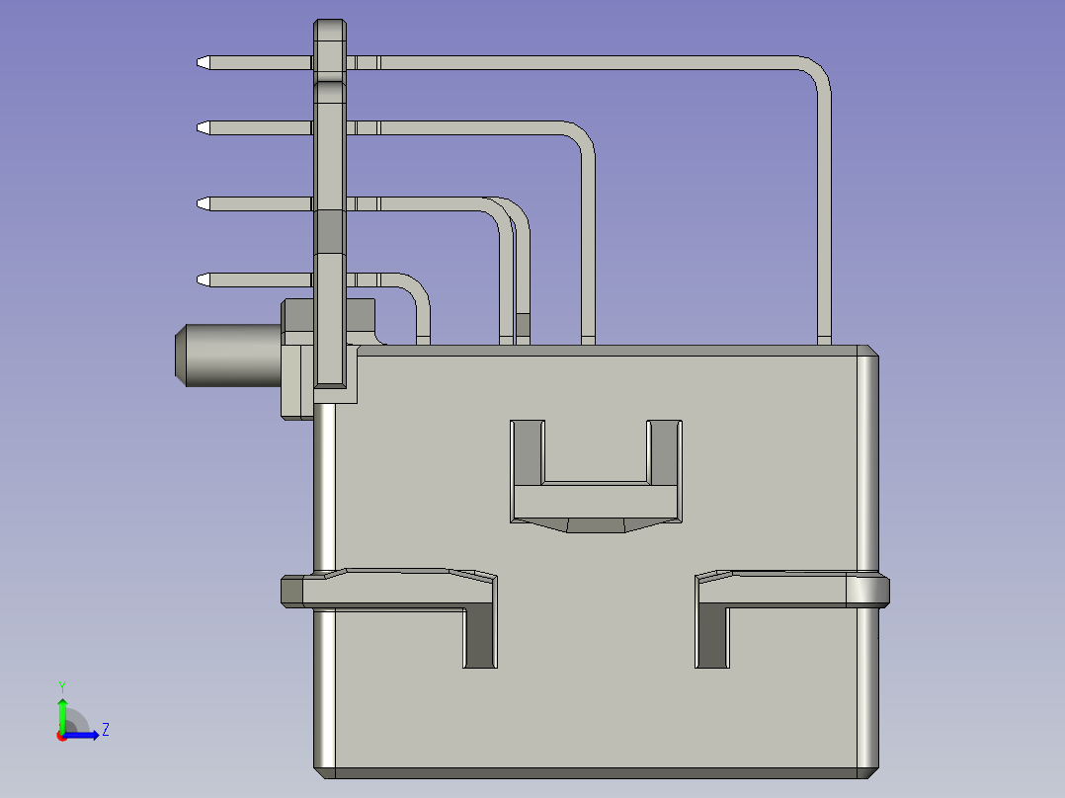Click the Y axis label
[x=61, y=685]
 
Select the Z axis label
[x=105, y=730]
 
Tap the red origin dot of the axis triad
[x=61, y=736]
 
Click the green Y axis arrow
[x=61, y=711]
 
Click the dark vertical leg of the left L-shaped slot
[x=480, y=637]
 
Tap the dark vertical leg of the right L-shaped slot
[x=711, y=637]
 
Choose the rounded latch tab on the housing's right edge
[x=870, y=591]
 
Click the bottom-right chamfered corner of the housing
[x=869, y=769]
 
